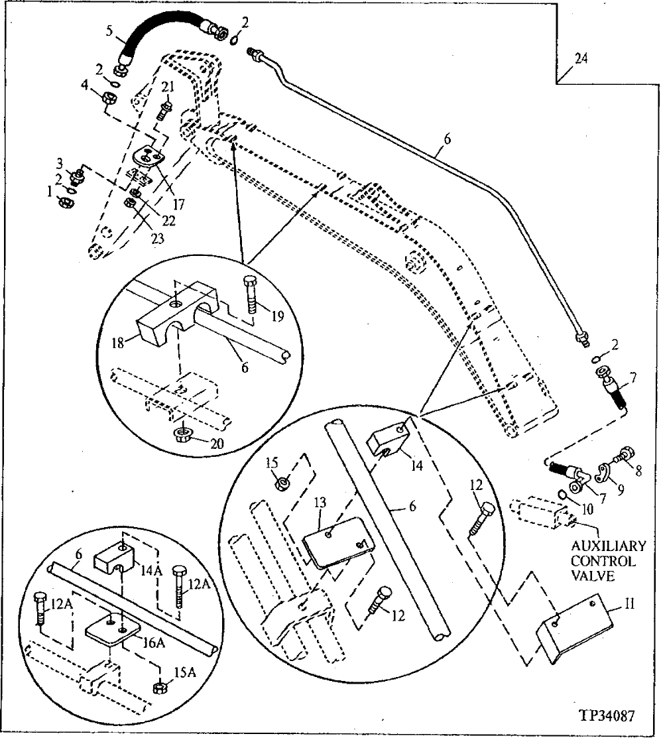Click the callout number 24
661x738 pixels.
tap(580, 59)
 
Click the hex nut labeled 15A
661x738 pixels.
tap(160, 687)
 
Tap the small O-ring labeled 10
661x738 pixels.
tap(560, 495)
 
